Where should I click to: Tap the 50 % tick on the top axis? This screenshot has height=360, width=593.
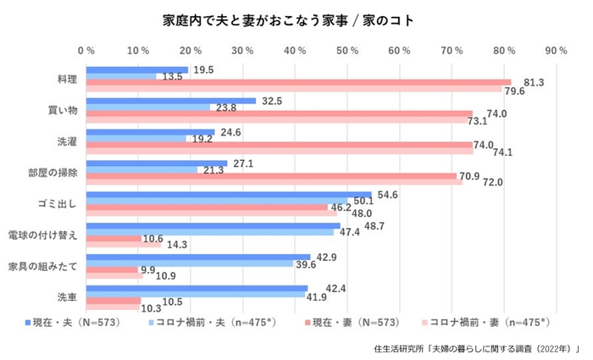(346, 52)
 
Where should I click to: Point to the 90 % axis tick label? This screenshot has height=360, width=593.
(556, 52)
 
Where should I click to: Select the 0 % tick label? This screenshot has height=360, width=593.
(86, 52)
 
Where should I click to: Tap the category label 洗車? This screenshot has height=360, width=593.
(66, 297)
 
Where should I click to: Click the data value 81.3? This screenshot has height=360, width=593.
(535, 82)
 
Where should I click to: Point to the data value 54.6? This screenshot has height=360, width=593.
(388, 195)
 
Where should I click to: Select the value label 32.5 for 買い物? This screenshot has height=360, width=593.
(273, 101)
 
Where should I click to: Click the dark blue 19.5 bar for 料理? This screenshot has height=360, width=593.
(136, 69)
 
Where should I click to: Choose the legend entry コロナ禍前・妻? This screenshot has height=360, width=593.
(486, 323)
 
